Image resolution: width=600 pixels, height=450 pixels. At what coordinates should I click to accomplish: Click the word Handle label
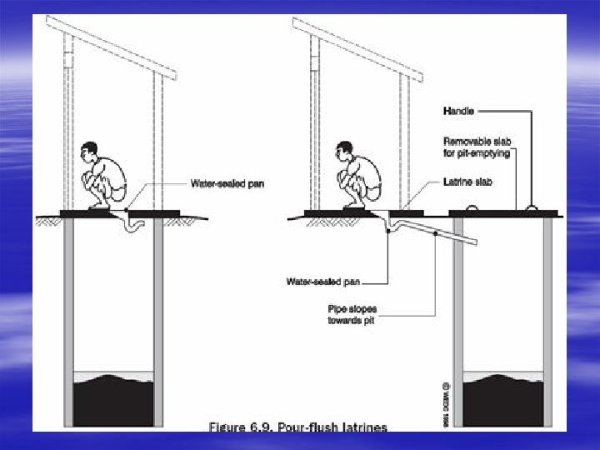tap(459, 110)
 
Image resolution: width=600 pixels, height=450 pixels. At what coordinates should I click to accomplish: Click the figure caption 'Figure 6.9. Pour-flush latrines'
tap(297, 427)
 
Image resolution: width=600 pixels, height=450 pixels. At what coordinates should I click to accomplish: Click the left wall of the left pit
tap(68, 325)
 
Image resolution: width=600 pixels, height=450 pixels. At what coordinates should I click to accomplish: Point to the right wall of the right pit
tap(547, 325)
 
